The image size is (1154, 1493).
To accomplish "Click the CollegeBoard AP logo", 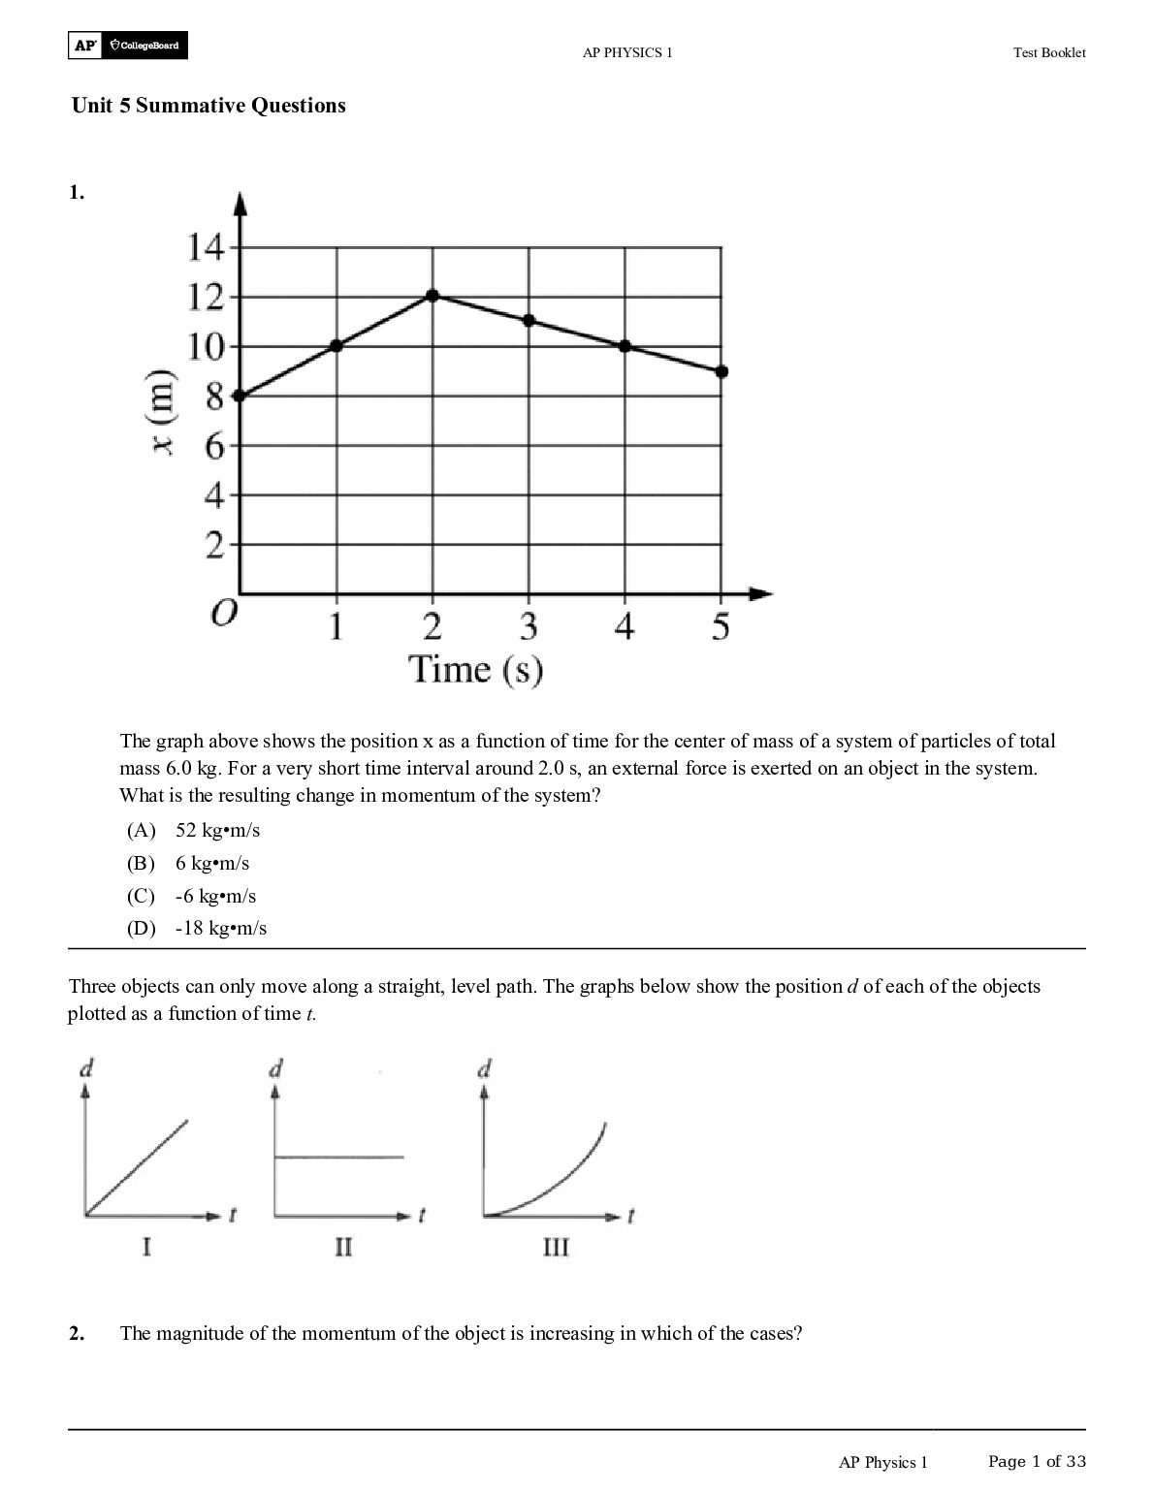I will [128, 46].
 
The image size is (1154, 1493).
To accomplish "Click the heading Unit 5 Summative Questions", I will [208, 106].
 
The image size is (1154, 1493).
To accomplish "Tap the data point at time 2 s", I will [433, 296].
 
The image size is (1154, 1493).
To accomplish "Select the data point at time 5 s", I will [721, 371].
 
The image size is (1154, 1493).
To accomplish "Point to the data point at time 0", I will [240, 396].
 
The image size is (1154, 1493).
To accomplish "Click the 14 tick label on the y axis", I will [205, 248].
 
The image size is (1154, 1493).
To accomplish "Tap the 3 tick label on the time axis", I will [528, 627].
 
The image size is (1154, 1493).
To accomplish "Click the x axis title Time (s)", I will [475, 670].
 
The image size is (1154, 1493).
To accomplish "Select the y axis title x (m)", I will [166, 414].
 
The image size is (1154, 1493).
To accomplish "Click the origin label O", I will [223, 615].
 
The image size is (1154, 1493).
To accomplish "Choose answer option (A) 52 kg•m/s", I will [193, 831].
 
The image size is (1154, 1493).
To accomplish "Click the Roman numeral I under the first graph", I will [146, 1247].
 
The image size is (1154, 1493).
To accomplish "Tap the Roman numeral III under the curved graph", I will [555, 1247].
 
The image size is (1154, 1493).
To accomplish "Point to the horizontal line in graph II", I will [339, 1157].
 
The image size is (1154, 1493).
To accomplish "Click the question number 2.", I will [77, 1334].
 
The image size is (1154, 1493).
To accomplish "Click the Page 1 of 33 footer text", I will [1037, 1461].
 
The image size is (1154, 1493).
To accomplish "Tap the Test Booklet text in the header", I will [1049, 53].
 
